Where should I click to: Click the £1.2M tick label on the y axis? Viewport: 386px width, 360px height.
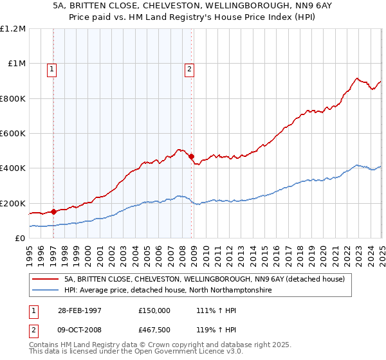(x=13, y=29)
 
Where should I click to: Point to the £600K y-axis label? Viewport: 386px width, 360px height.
(x=13, y=134)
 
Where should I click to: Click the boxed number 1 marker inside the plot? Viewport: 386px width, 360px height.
(x=51, y=71)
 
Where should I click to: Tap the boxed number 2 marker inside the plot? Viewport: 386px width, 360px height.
(x=190, y=71)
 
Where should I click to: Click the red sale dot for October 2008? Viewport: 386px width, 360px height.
(x=192, y=156)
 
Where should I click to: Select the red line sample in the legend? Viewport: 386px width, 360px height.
(x=46, y=279)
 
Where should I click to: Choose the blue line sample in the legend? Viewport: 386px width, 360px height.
(x=46, y=291)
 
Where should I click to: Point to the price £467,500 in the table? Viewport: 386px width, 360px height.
(x=154, y=329)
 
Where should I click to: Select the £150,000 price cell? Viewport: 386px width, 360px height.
(x=154, y=310)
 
